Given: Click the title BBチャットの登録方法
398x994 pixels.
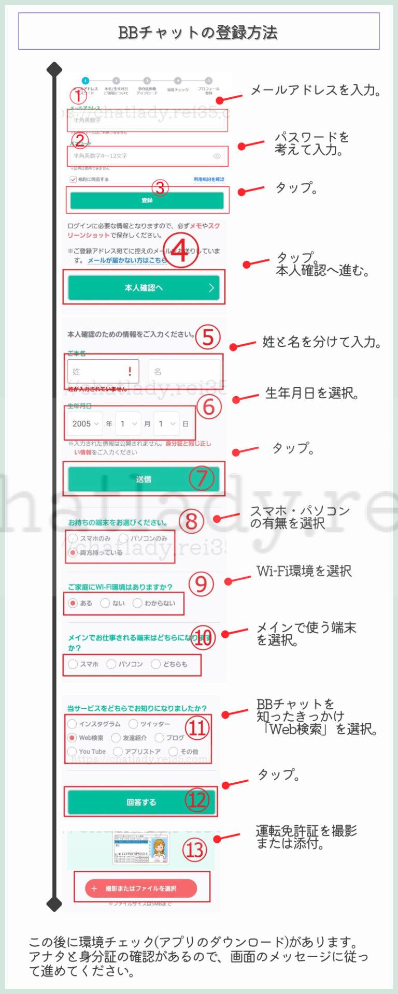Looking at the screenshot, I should (x=198, y=33).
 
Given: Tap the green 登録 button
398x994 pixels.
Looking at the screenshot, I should (x=147, y=200).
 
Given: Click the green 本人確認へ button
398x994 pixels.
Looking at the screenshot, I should (x=144, y=288).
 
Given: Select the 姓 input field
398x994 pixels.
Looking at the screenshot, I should (x=103, y=371).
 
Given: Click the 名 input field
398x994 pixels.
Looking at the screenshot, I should (x=184, y=371).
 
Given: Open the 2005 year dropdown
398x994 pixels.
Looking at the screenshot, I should (x=85, y=423).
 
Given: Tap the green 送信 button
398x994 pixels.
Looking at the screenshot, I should (x=144, y=479).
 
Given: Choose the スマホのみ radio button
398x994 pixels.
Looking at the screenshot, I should (x=73, y=538).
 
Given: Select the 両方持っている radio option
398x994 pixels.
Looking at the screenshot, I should (x=73, y=553).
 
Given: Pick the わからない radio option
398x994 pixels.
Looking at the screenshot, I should (x=137, y=603).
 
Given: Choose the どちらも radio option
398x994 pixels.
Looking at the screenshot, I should (x=155, y=664).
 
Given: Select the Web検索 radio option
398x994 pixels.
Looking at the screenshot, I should (x=73, y=738).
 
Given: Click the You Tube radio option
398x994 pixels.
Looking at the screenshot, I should (x=72, y=752).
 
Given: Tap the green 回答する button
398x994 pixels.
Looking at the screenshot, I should (x=141, y=802).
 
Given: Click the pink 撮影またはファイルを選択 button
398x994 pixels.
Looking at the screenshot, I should (x=141, y=888).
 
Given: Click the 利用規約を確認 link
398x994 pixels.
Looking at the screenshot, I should (x=209, y=179).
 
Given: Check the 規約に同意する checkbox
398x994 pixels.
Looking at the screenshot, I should (x=73, y=179).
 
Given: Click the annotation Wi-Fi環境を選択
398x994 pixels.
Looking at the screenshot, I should (x=304, y=571).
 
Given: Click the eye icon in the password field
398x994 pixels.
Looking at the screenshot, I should (x=217, y=156).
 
